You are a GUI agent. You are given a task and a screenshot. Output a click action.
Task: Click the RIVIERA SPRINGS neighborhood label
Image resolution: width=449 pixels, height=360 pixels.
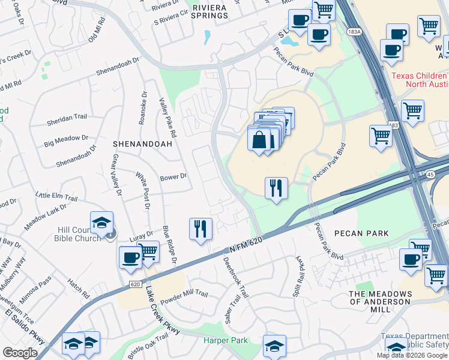pos(210,11)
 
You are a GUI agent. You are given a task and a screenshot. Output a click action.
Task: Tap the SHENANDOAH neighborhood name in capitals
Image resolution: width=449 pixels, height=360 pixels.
pos(142,144)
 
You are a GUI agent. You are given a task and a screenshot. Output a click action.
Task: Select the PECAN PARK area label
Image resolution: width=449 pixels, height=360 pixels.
pos(361,233)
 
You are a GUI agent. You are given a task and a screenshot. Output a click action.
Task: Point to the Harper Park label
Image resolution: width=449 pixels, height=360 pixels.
pos(225,340)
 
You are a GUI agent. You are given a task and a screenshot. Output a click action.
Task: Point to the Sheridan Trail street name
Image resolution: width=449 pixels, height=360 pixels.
pos(67,122)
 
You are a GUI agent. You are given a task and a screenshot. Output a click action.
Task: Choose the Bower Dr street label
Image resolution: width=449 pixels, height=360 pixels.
pos(173,176)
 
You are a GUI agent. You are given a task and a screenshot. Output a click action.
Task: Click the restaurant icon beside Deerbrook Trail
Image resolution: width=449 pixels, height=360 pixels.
pos(200,229)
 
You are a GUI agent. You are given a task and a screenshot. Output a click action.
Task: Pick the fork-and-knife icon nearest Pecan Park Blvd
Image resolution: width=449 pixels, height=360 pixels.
pos(276,188)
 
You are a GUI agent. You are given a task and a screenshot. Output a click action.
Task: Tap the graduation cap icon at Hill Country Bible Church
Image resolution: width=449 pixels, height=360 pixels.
pos(101,222)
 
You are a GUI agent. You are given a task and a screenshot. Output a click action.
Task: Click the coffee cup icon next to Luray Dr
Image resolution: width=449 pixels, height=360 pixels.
pos(130,257)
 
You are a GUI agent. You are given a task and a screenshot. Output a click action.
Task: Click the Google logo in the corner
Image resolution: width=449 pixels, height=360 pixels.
pos(20,353)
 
